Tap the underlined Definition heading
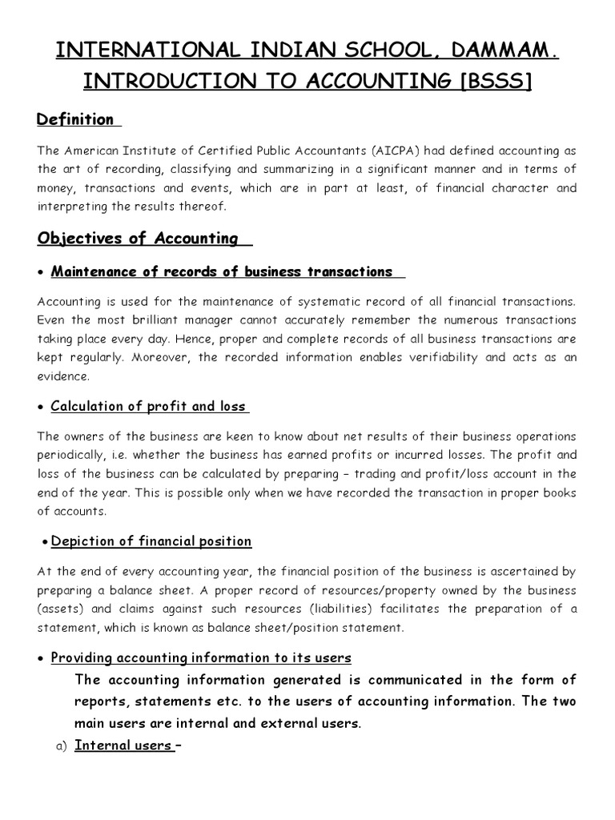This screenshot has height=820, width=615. tap(76, 120)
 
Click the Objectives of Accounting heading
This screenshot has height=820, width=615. tap(138, 238)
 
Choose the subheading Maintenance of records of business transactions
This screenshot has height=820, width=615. tap(222, 271)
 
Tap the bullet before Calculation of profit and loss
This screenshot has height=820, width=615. tap(41, 407)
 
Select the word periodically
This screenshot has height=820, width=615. tap(70, 456)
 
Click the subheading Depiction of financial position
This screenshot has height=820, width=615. tap(151, 541)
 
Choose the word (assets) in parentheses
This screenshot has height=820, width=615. tap(59, 609)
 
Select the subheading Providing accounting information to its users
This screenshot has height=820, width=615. tap(201, 658)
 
